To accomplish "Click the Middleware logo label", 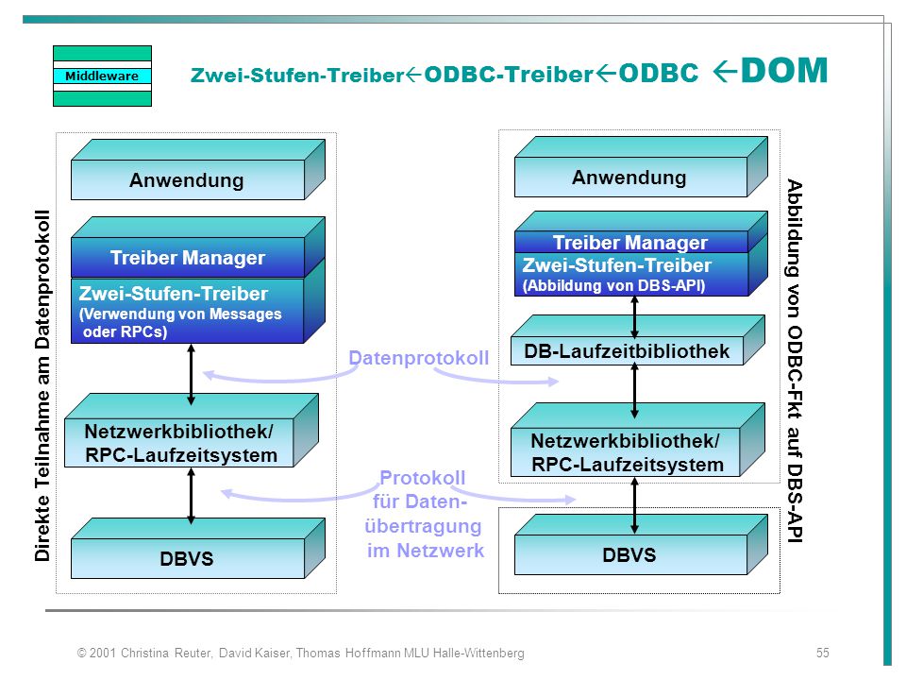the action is click(102, 76).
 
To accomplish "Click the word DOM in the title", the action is click(784, 71).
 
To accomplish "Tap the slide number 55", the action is click(822, 653).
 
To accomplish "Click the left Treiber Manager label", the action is click(188, 257).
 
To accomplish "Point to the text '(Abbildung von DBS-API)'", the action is click(613, 285).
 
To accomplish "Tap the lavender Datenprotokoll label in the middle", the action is click(419, 358).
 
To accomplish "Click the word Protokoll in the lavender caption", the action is click(423, 478).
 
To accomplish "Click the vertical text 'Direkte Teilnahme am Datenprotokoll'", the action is click(42, 385).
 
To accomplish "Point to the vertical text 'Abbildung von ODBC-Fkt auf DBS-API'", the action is click(795, 362).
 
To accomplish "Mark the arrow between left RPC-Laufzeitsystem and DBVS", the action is click(192, 496).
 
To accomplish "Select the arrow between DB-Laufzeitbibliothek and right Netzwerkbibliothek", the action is click(634, 390).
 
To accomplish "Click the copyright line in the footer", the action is click(301, 653).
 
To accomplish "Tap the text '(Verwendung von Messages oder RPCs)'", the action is click(180, 323).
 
